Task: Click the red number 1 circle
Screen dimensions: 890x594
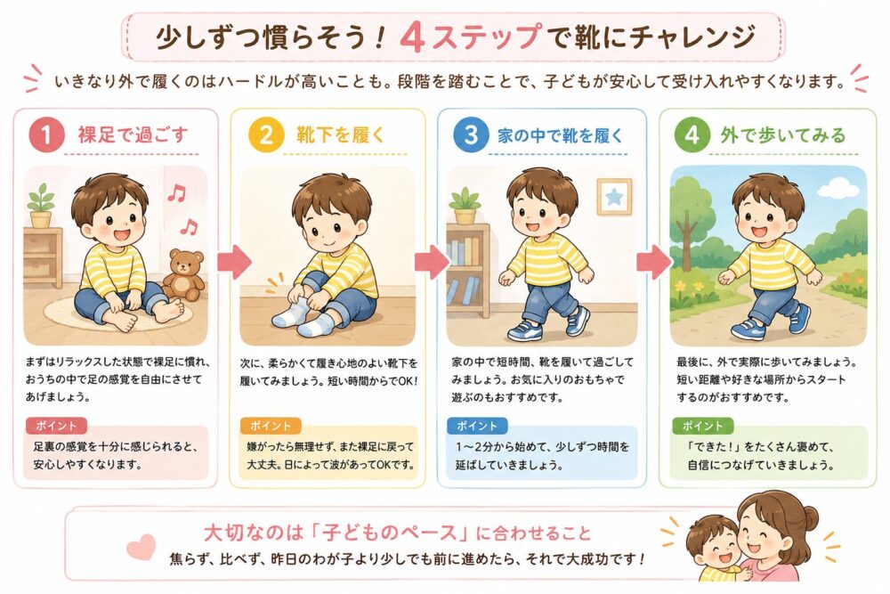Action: pos(46,135)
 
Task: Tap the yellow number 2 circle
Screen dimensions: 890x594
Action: pos(265,135)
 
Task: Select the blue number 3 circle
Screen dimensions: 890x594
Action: pos(471,135)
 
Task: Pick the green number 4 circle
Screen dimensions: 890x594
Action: pos(692,135)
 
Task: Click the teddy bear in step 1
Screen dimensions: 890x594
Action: pos(184,274)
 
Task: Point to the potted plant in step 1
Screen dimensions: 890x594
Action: pos(41,206)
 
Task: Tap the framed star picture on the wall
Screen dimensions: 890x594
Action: pos(614,197)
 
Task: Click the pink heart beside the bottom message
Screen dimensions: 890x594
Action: pos(141,546)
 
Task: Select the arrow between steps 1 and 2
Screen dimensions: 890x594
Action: pos(234,261)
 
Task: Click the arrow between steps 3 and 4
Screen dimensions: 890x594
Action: pos(654,261)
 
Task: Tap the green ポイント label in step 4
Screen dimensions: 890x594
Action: pos(703,426)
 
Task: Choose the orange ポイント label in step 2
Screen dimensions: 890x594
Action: pos(271,426)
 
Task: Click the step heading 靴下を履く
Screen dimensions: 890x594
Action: pos(341,135)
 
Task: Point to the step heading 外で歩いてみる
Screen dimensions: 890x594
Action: pos(782,135)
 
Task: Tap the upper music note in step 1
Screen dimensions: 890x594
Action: pos(176,193)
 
